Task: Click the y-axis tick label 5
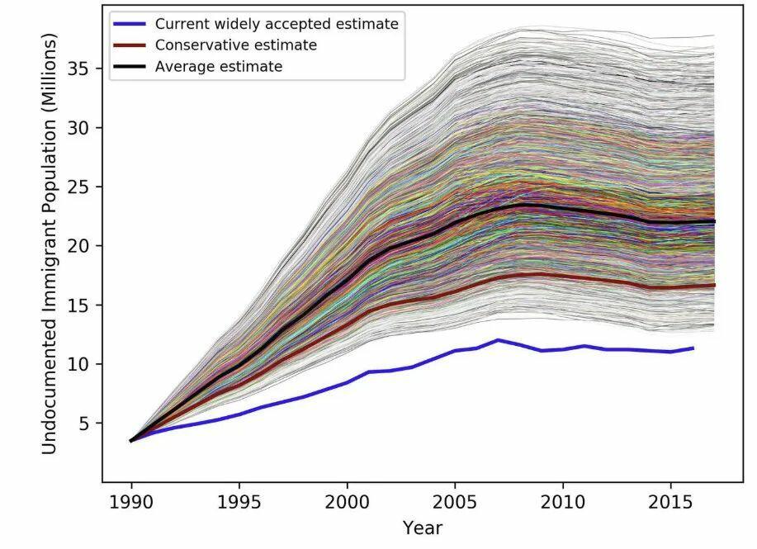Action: pos(84,424)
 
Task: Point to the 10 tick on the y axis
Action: pos(79,364)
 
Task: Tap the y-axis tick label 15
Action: pos(79,305)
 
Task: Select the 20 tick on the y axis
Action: pos(79,246)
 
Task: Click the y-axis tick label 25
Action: pos(79,187)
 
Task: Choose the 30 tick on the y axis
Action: pos(79,128)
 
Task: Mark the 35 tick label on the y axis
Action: pos(79,69)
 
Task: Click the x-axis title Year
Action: pos(422,528)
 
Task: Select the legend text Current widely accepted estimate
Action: pos(277,24)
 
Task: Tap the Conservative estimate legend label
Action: pos(236,45)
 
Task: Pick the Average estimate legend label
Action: pos(219,67)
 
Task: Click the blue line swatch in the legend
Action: pos(130,24)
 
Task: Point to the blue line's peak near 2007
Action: pos(498,339)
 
